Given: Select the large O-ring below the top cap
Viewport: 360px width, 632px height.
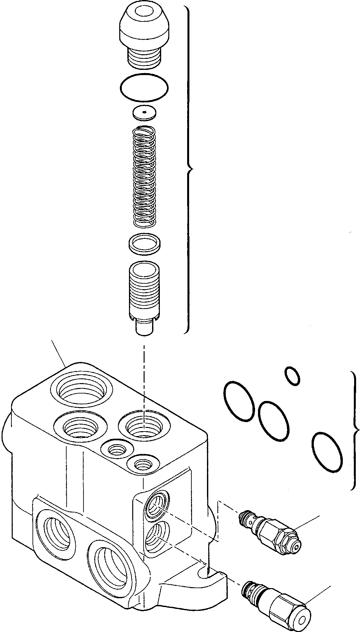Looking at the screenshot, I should pyautogui.click(x=144, y=86).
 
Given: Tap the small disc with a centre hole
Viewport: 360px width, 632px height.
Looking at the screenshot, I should pyautogui.click(x=144, y=112).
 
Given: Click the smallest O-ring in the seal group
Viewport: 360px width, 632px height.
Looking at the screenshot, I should pyautogui.click(x=292, y=376).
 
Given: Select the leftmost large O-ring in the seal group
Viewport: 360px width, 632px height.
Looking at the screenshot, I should pyautogui.click(x=239, y=401).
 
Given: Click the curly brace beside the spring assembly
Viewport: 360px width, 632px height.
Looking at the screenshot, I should pyautogui.click(x=189, y=169).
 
